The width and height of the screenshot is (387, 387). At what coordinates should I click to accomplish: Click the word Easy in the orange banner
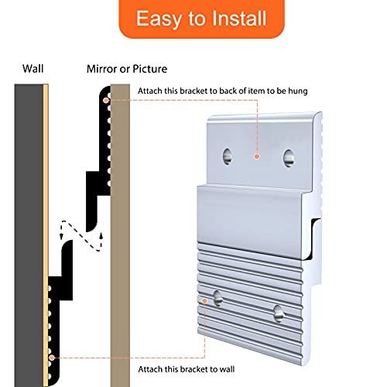tap(159, 19)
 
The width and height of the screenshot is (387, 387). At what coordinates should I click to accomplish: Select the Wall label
tap(33, 69)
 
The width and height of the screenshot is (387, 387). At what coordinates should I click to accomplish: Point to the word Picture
tap(150, 69)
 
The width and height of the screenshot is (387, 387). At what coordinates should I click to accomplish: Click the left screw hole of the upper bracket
tap(228, 156)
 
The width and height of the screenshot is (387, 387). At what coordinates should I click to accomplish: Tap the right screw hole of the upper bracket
tap(289, 158)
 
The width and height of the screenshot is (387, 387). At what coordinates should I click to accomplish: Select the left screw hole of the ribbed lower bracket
tap(218, 298)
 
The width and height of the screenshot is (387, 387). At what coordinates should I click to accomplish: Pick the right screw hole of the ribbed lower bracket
tap(279, 313)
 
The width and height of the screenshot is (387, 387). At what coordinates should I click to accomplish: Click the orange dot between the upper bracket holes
tap(257, 156)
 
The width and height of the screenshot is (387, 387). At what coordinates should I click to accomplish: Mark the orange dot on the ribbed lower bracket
tap(204, 301)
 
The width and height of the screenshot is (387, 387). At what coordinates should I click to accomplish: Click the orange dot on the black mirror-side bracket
tap(106, 101)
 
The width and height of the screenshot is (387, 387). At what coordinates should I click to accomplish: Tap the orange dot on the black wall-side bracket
tap(52, 358)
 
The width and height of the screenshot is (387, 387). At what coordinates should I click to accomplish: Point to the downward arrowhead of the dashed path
tap(62, 236)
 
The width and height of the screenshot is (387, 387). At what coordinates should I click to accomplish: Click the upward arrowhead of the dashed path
tap(101, 236)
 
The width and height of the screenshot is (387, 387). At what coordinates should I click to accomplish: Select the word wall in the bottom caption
tap(227, 369)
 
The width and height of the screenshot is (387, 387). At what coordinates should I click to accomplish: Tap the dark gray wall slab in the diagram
tap(29, 235)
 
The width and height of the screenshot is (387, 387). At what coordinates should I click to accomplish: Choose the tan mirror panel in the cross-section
tap(120, 235)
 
